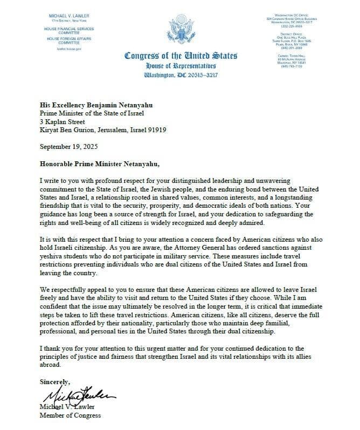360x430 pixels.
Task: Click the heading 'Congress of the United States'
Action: (x=180, y=56)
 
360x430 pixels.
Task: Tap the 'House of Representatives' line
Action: (x=180, y=65)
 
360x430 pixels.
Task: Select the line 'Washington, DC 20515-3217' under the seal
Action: (x=180, y=74)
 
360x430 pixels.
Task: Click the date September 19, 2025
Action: (x=70, y=147)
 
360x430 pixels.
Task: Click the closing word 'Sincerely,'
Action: (x=54, y=381)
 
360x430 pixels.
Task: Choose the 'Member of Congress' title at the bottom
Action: (x=70, y=415)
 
